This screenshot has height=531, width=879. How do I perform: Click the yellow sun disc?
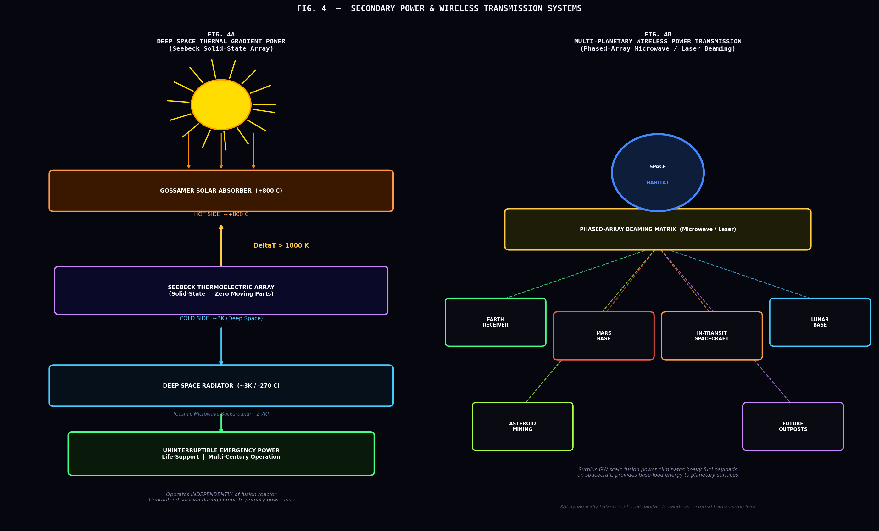coord(221,104)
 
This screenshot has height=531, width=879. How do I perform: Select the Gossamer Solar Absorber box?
coord(221,191)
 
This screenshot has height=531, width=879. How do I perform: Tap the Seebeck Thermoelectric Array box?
coord(221,290)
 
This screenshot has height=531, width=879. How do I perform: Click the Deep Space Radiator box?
coord(221,385)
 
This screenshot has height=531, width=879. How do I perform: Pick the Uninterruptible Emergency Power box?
coord(221,454)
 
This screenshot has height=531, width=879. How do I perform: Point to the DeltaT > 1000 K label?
coord(281,245)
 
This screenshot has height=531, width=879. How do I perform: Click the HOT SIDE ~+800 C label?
coord(221,215)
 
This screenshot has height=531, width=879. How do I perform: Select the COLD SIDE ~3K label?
coord(221,318)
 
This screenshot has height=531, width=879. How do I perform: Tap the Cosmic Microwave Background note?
coord(221,414)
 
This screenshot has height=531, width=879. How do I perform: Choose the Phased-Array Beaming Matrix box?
coord(658,229)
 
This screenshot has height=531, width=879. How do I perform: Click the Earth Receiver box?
coord(496,322)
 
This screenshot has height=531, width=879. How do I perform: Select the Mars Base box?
coord(604,336)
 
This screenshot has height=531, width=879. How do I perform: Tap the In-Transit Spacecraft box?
coord(712,336)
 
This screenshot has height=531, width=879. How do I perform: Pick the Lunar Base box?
coord(820,322)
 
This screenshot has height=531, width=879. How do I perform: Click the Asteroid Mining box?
coord(522,427)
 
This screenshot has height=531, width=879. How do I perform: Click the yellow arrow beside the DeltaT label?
coord(221,246)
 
